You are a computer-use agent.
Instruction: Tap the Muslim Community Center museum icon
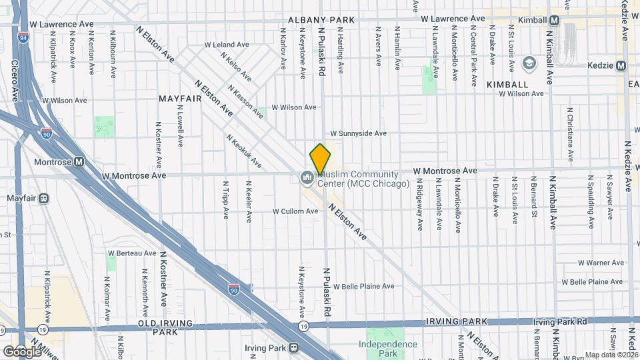(x=307, y=177)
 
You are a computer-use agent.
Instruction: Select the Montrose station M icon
(x=79, y=161)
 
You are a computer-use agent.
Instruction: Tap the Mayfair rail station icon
(x=44, y=198)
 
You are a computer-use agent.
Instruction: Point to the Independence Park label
(x=387, y=349)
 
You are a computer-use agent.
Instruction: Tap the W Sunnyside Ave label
(x=359, y=133)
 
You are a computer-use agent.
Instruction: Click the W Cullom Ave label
(x=295, y=211)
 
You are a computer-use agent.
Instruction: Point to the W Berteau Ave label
(x=132, y=253)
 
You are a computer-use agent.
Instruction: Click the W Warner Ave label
(x=582, y=263)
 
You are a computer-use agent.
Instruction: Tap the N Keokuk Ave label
(x=243, y=151)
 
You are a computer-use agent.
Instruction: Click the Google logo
(x=22, y=351)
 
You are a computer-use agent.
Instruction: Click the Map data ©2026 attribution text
(x=611, y=355)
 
